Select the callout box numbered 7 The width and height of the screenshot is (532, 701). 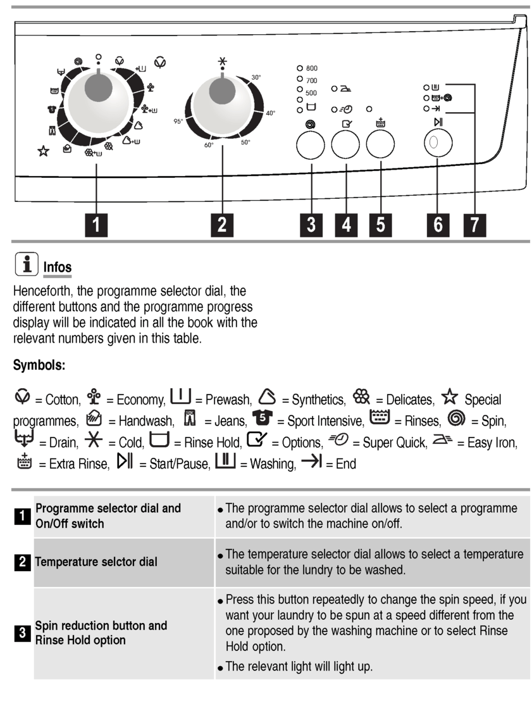472,224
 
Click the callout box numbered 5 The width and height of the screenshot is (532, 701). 380,224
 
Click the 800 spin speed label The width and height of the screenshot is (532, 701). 311,68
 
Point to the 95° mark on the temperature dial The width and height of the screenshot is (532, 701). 178,121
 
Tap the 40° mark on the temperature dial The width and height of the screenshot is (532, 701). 270,113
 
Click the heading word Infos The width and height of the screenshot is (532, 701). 57,268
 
